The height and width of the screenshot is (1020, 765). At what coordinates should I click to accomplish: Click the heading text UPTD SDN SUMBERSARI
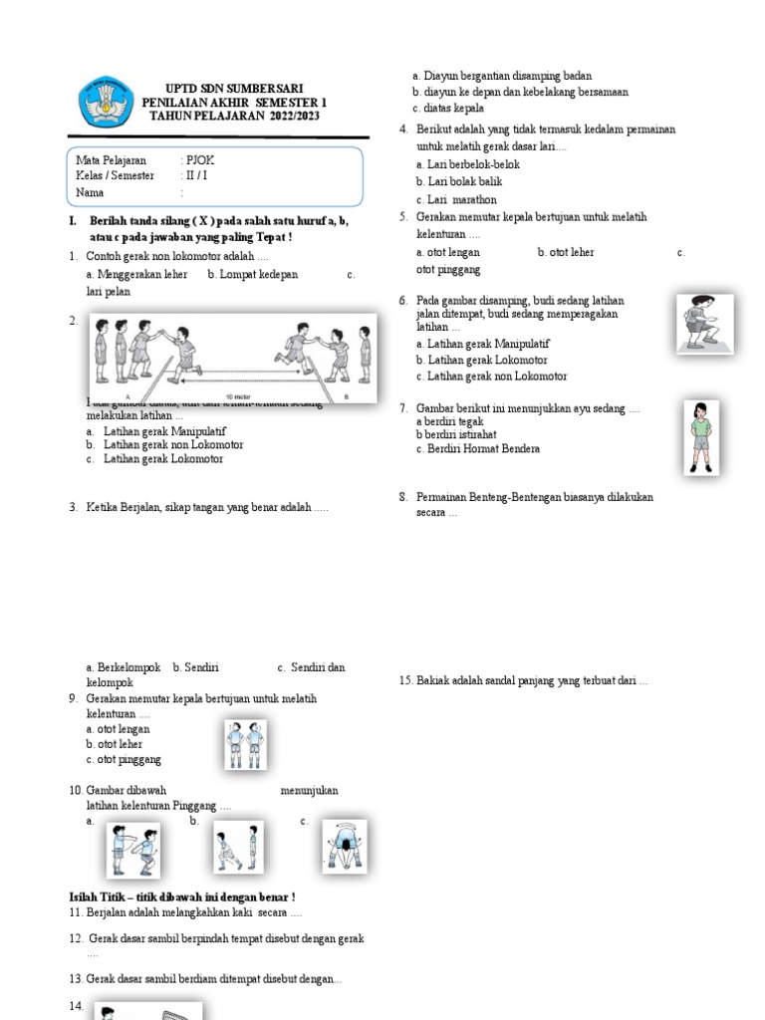click(234, 89)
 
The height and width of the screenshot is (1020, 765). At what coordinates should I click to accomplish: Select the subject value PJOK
click(199, 160)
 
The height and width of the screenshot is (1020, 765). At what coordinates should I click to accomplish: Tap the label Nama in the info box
click(92, 192)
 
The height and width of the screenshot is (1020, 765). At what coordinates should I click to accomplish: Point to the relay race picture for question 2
click(233, 358)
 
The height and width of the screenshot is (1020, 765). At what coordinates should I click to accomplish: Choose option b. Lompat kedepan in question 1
click(253, 275)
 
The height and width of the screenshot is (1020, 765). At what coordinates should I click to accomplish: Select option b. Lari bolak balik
click(459, 182)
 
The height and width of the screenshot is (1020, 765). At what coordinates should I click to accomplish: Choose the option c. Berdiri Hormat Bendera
click(478, 449)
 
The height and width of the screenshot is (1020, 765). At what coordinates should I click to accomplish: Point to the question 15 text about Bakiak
click(523, 681)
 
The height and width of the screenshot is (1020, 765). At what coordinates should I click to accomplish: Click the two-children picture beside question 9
click(244, 745)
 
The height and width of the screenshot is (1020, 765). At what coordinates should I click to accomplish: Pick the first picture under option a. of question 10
click(133, 850)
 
